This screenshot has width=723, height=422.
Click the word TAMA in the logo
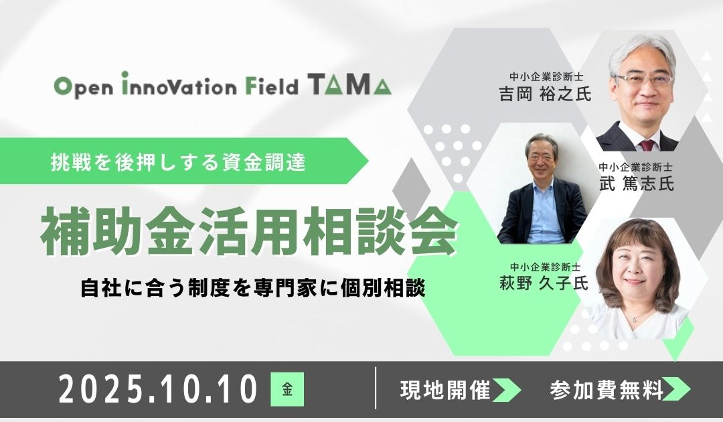pyautogui.click(x=349, y=86)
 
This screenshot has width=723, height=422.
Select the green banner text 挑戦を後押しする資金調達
pyautogui.click(x=179, y=162)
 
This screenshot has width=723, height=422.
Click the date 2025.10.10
pyautogui.click(x=159, y=391)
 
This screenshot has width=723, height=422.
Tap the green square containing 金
pyautogui.click(x=287, y=390)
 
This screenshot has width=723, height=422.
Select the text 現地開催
pyautogui.click(x=446, y=389)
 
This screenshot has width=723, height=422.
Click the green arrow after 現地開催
pyautogui.click(x=507, y=390)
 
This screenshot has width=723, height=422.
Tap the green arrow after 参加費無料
pyautogui.click(x=677, y=390)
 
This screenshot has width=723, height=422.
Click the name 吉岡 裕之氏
pyautogui.click(x=546, y=94)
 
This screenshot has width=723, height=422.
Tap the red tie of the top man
pyautogui.click(x=647, y=143)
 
